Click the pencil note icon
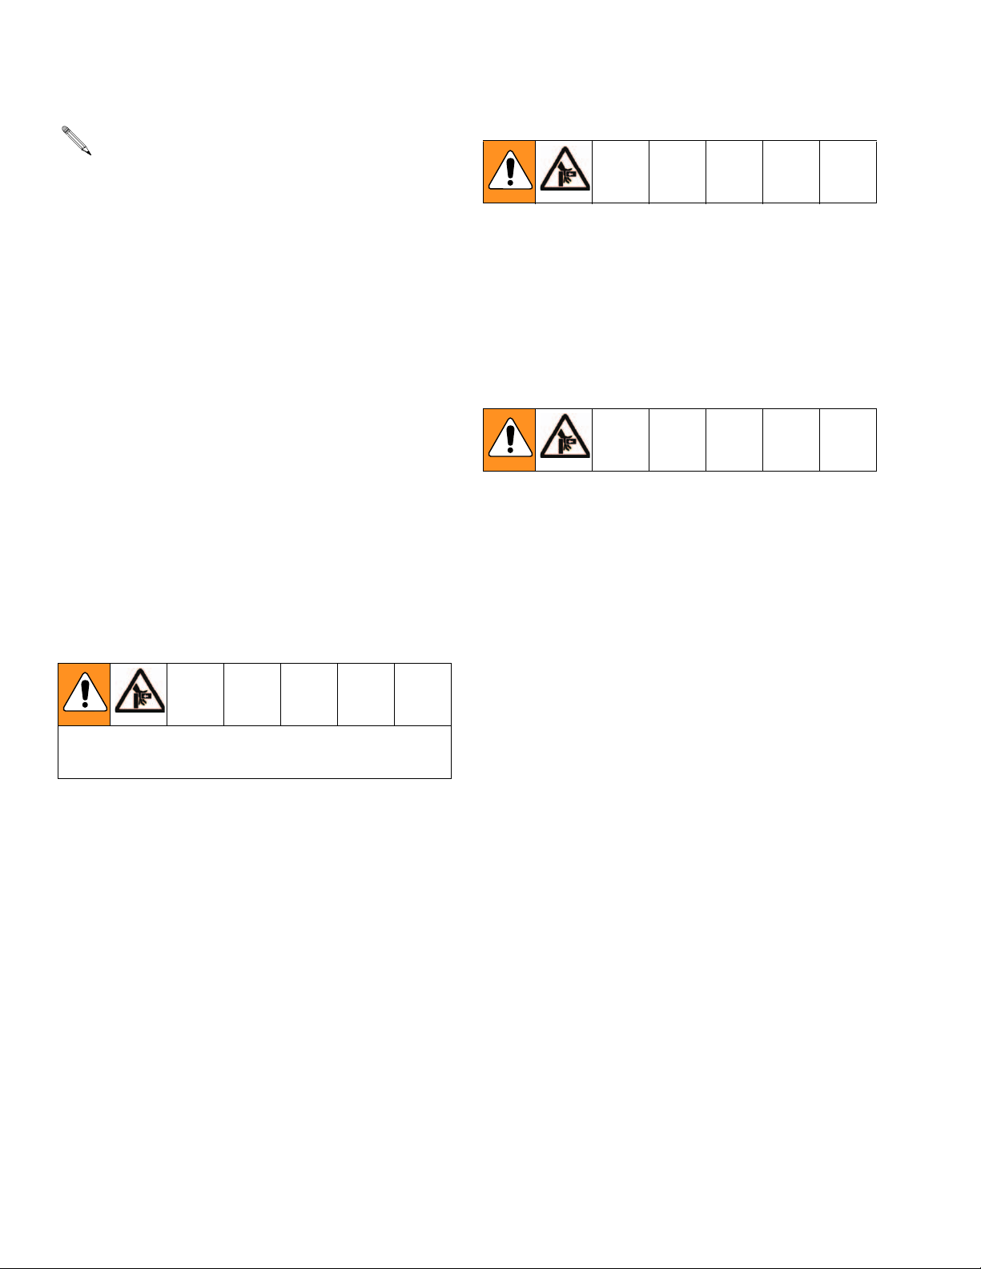(77, 140)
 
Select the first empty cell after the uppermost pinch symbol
(621, 172)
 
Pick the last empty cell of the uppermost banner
(848, 172)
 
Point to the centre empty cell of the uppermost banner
(734, 172)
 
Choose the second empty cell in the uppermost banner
(677, 172)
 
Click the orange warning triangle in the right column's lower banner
(509, 440)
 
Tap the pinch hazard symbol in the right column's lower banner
(564, 440)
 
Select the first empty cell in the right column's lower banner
(621, 440)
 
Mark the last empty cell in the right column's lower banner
(848, 440)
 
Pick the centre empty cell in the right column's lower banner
(734, 440)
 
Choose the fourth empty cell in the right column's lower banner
(791, 440)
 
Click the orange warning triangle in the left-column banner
(84, 694)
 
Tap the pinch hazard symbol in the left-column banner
(139, 694)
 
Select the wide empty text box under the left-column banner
(255, 752)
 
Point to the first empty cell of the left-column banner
(195, 694)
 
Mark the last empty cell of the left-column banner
(423, 694)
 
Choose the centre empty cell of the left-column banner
(309, 694)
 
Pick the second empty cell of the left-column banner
(252, 694)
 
